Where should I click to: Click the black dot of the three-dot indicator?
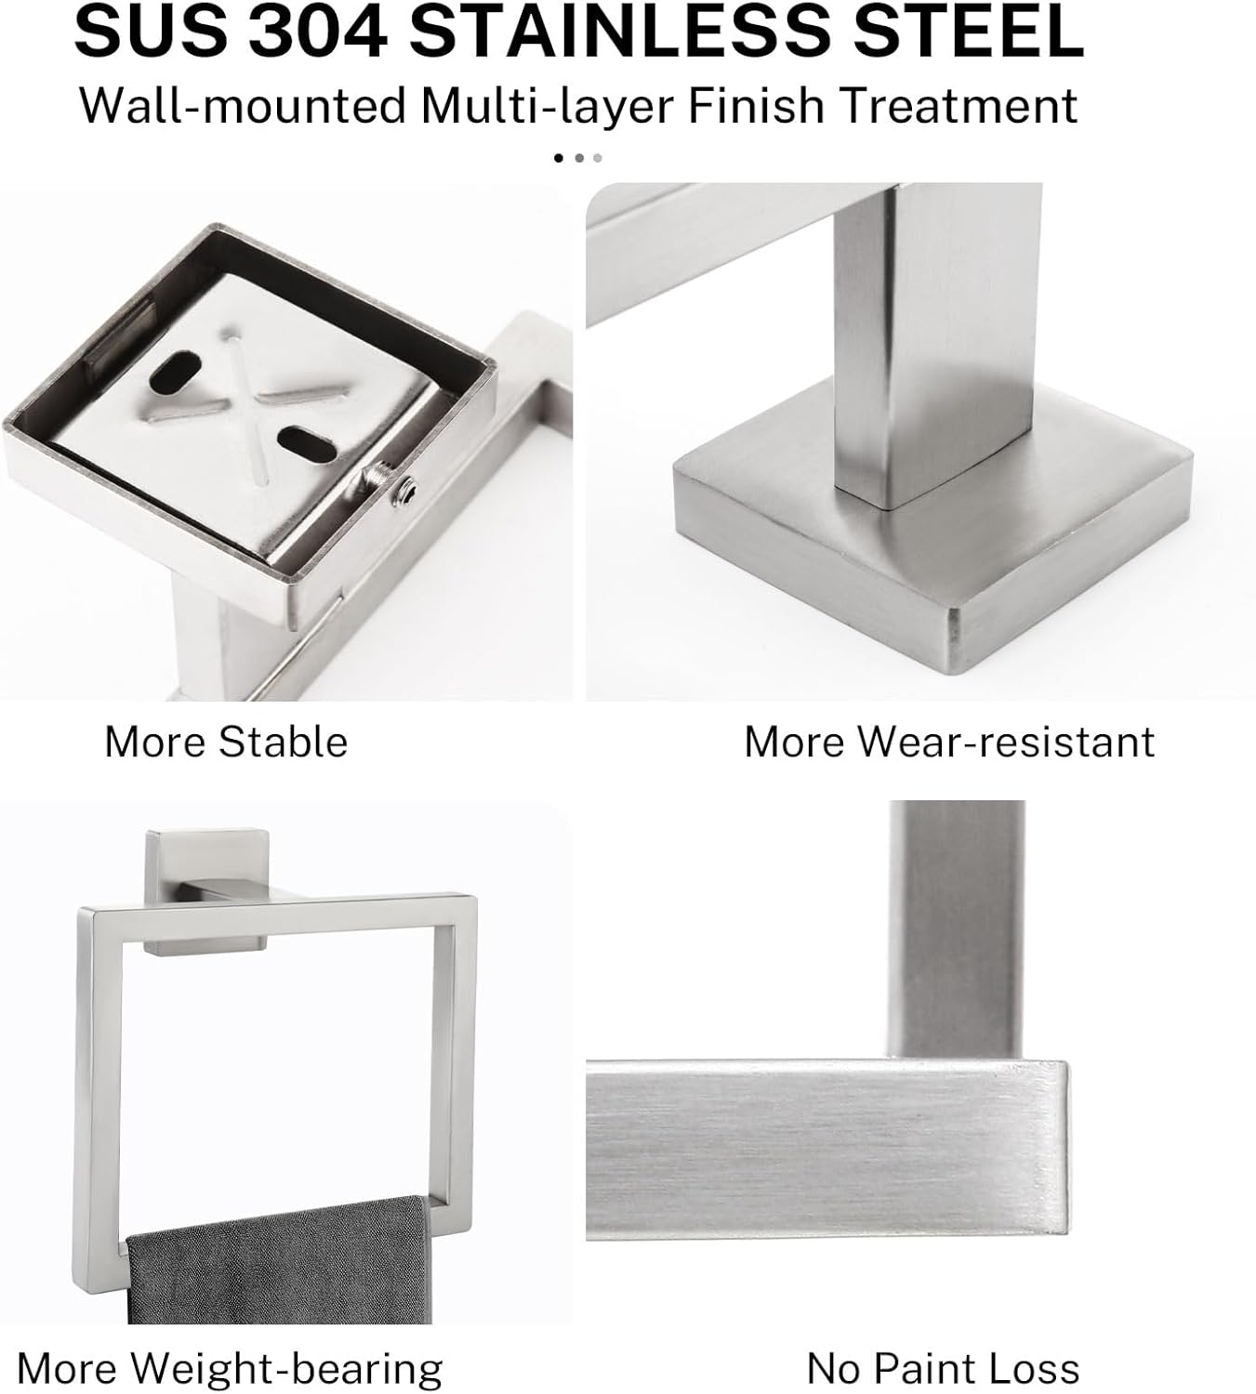coord(559,158)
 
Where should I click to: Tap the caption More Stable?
coord(226,742)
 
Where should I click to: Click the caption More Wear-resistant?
coord(949,742)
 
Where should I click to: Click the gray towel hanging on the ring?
coord(279,1264)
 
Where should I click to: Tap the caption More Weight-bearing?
coord(230,1368)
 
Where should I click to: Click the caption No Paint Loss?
coord(943,1368)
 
